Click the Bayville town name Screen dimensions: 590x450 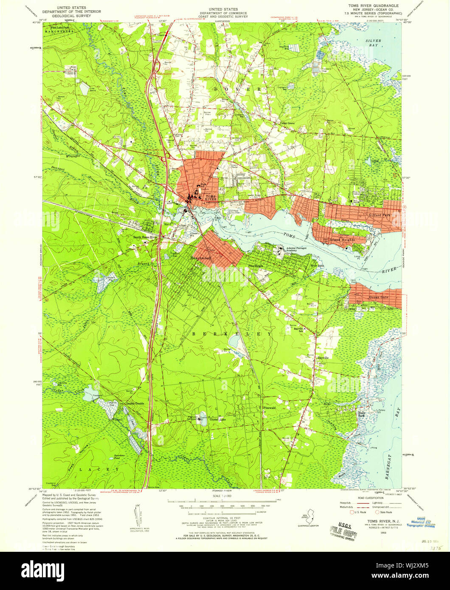point(323,357)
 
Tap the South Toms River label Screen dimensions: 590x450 point(145,237)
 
